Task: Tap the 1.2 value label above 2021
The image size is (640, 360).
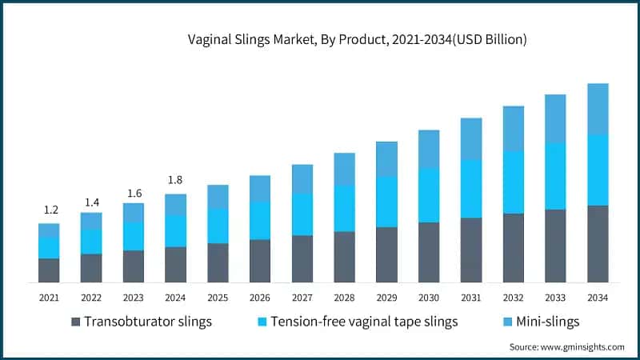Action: click(x=50, y=210)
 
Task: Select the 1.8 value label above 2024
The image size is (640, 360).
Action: click(x=175, y=180)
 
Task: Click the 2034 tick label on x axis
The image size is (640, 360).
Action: click(x=598, y=298)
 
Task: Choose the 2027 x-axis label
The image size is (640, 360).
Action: click(x=302, y=298)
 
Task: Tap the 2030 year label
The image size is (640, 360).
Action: click(x=429, y=298)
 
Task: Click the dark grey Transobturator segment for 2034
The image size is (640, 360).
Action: click(x=598, y=243)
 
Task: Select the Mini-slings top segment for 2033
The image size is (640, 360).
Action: click(x=555, y=118)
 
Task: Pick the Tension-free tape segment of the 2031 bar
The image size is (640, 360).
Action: click(x=471, y=189)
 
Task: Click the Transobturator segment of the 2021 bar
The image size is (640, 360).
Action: click(x=50, y=270)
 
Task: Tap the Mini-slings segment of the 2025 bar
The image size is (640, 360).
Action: click(x=218, y=197)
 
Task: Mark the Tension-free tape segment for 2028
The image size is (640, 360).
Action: click(x=344, y=208)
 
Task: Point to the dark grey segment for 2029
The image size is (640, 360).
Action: click(x=386, y=254)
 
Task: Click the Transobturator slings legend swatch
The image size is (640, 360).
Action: click(x=76, y=322)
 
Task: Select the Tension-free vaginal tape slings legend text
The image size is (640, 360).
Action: click(x=364, y=322)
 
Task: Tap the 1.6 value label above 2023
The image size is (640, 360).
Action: click(x=133, y=193)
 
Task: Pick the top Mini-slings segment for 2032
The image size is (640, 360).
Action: click(x=513, y=128)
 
